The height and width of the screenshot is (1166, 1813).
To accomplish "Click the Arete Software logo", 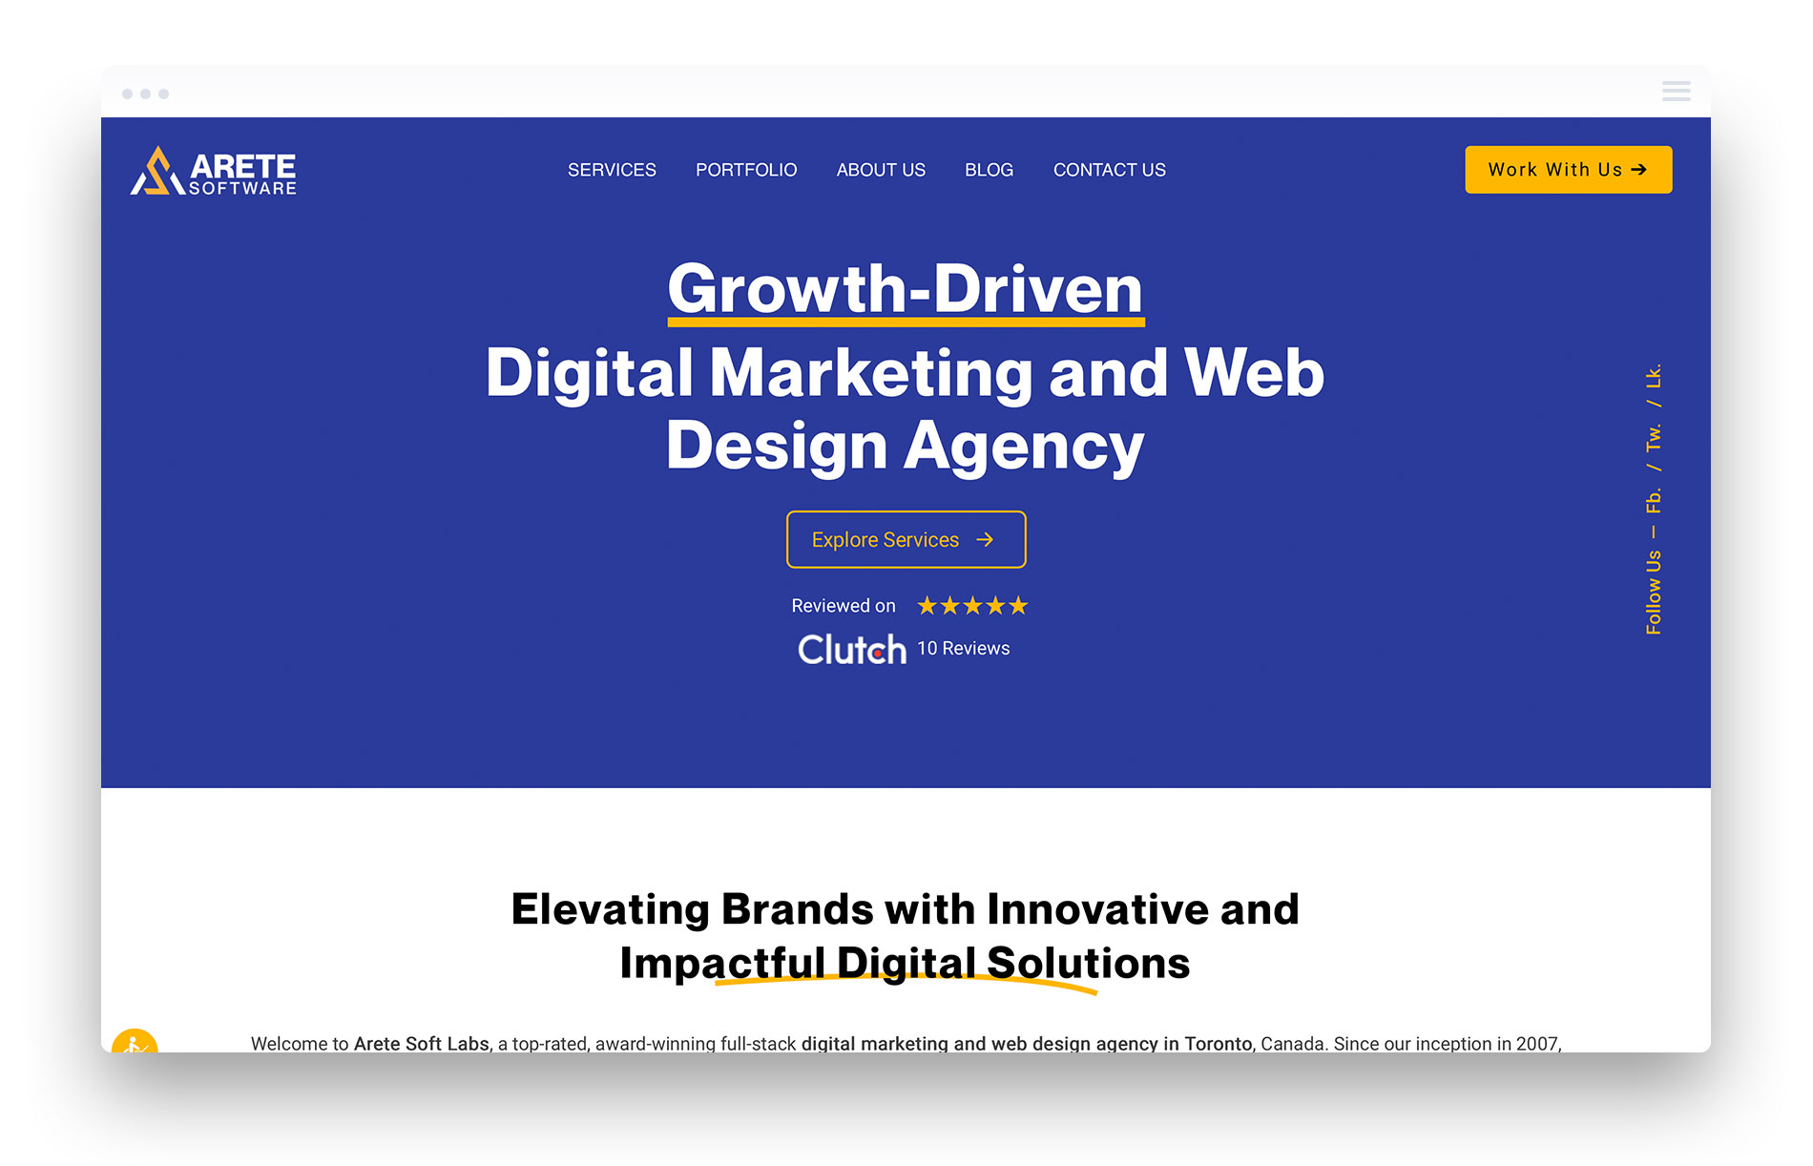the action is (x=213, y=171).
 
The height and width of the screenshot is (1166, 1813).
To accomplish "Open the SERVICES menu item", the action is (x=612, y=170).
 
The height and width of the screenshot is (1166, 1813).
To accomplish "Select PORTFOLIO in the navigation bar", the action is (x=746, y=170).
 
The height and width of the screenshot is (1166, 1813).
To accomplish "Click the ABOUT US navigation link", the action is (x=881, y=170).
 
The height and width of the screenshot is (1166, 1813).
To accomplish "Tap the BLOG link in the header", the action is (x=989, y=170).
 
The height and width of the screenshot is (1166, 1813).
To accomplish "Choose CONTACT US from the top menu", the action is (x=1110, y=170).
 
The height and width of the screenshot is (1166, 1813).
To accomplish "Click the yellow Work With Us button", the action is (x=1569, y=170).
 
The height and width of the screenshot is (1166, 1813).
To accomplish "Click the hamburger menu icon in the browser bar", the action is (x=1677, y=92).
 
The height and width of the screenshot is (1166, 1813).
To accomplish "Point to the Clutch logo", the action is (x=852, y=650).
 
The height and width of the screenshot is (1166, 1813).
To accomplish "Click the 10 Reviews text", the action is (x=964, y=649).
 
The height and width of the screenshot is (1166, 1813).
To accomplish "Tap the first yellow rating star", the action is (x=927, y=606).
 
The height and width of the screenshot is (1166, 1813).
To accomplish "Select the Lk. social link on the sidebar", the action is (x=1654, y=376).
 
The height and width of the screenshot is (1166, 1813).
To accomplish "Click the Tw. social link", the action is (x=1654, y=438).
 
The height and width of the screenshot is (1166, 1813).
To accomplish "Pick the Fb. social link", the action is (x=1654, y=501).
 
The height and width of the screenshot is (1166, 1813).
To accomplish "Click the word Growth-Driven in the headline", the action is (x=906, y=289).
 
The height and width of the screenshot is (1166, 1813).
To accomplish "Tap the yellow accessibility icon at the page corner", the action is (x=135, y=1041).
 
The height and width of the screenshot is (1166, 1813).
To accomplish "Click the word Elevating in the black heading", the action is (x=611, y=909).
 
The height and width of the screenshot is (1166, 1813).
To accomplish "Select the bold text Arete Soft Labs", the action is (x=422, y=1044).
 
